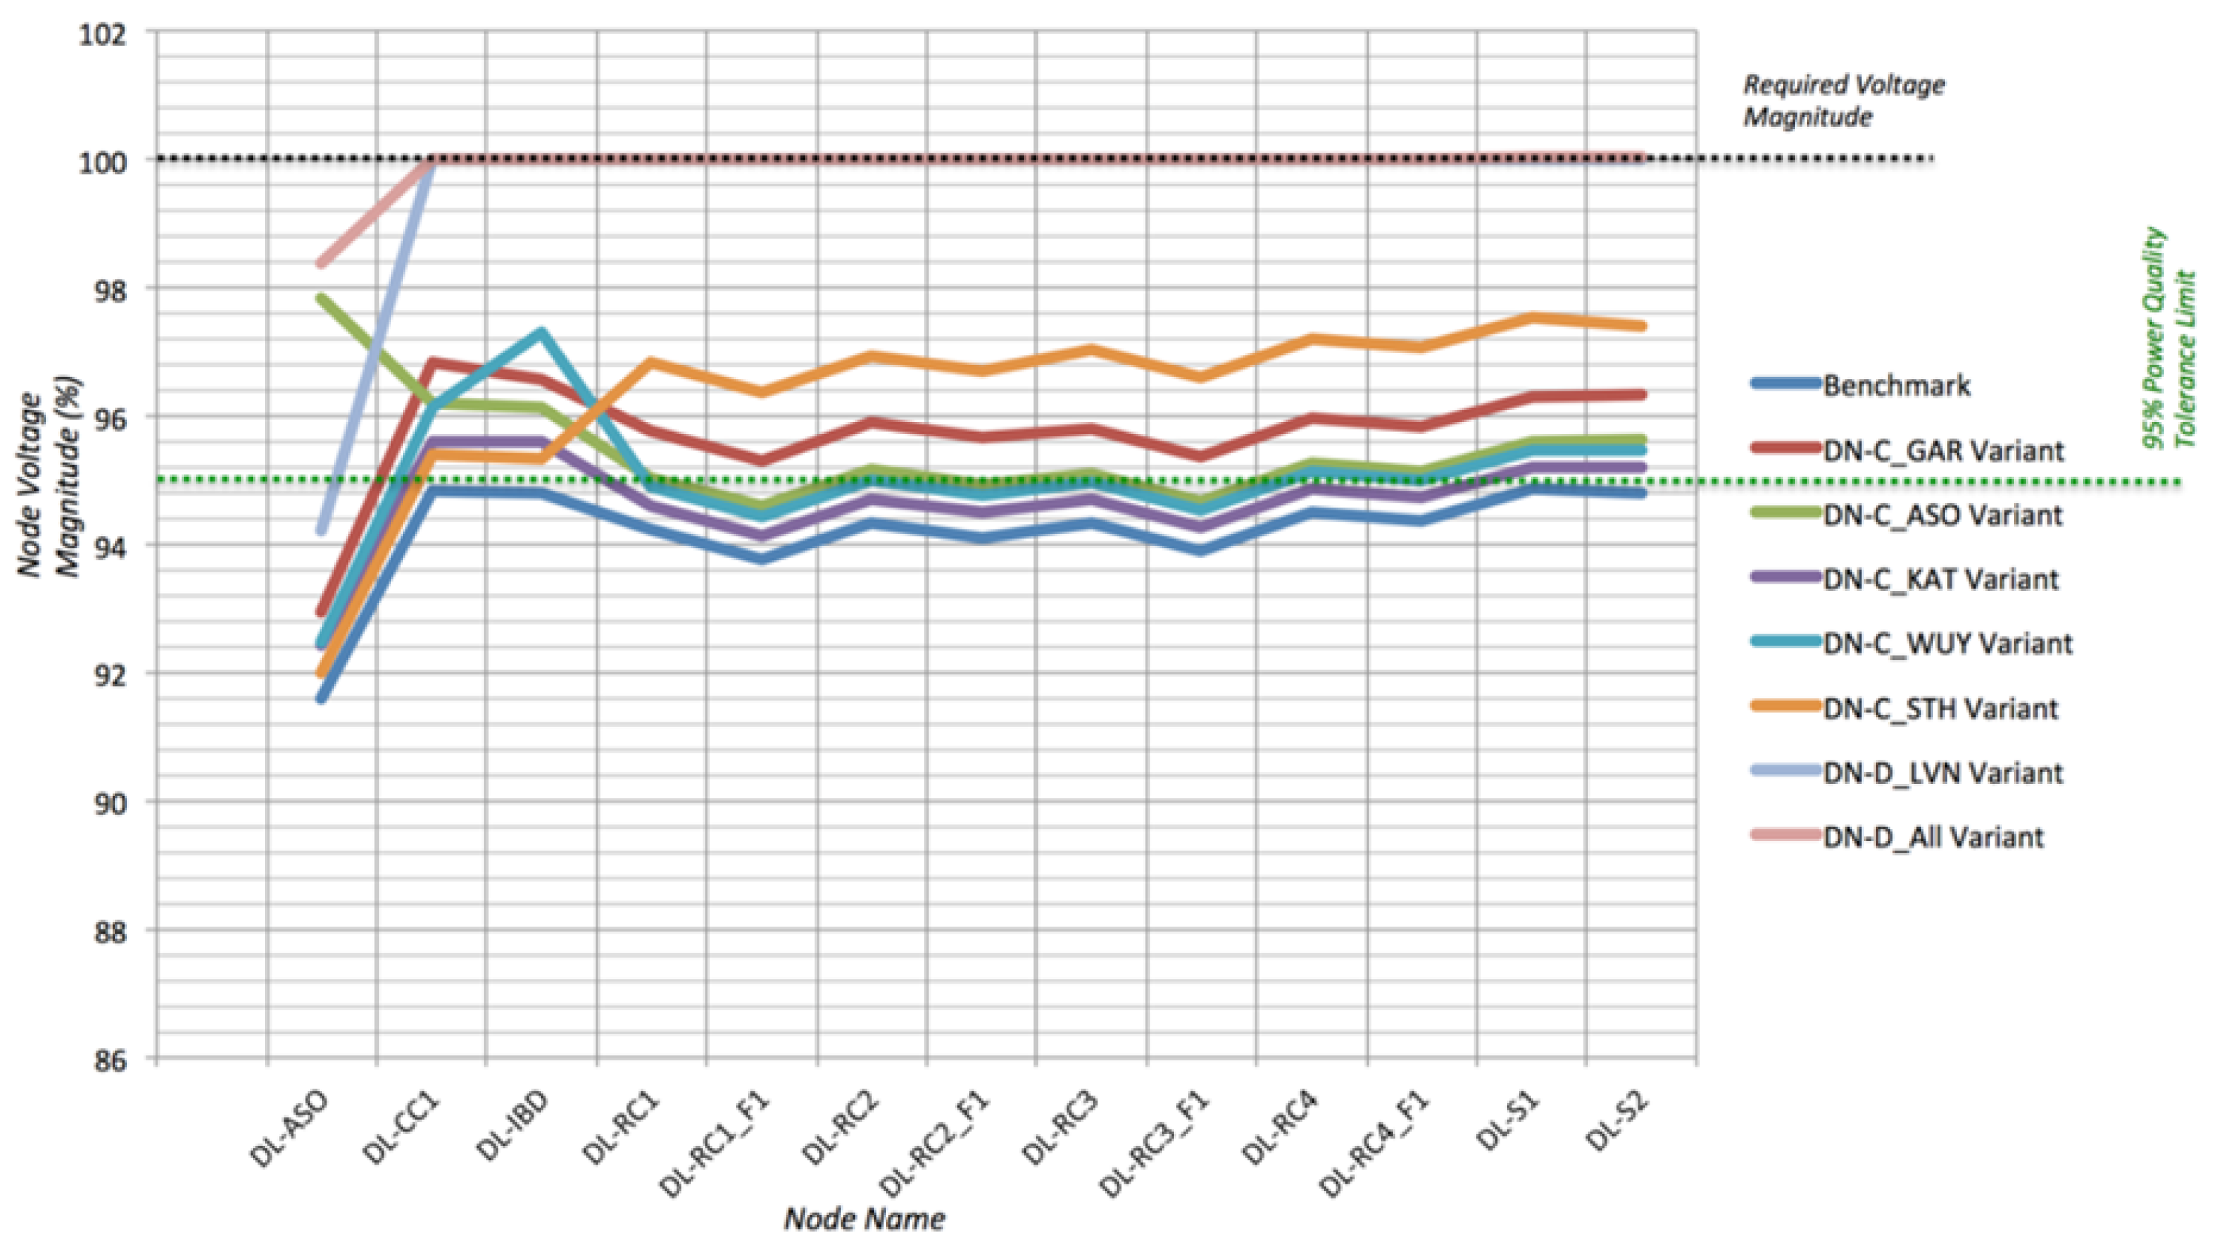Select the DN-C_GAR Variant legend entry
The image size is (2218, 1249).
click(x=1943, y=450)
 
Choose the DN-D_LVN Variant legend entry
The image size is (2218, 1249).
click(x=1943, y=773)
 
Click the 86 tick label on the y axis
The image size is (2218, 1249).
click(x=107, y=1061)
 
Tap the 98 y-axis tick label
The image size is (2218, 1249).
click(x=107, y=291)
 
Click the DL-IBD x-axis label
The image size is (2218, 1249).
click(x=511, y=1127)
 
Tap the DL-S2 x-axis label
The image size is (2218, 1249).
click(x=1616, y=1124)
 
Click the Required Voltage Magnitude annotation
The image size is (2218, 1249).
click(x=1843, y=101)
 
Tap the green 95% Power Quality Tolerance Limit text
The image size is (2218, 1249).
click(x=2169, y=338)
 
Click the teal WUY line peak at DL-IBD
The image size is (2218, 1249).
click(x=541, y=332)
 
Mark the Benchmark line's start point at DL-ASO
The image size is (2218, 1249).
click(x=321, y=698)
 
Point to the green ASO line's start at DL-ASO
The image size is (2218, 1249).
click(x=321, y=299)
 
